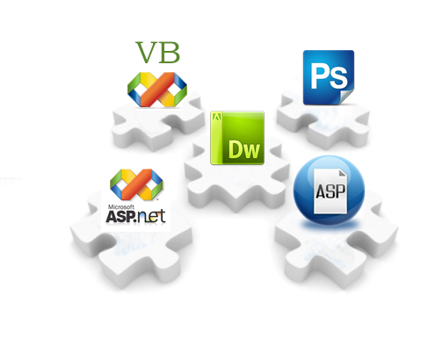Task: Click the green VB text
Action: click(x=157, y=53)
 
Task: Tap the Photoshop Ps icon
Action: click(x=329, y=77)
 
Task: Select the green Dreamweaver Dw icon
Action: click(x=237, y=138)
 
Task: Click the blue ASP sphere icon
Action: click(x=329, y=191)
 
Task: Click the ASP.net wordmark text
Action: click(x=135, y=217)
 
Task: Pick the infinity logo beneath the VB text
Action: click(x=157, y=90)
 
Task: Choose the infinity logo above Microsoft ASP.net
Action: click(x=136, y=184)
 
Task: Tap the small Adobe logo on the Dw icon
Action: click(x=217, y=117)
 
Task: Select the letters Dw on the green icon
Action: click(x=244, y=149)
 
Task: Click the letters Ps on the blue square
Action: click(x=330, y=76)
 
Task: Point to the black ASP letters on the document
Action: click(x=330, y=191)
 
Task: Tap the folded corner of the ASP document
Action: click(x=343, y=174)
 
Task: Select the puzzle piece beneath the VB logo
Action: click(x=158, y=125)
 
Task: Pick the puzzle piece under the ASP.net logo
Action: click(x=132, y=248)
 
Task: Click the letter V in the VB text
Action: click(x=147, y=53)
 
